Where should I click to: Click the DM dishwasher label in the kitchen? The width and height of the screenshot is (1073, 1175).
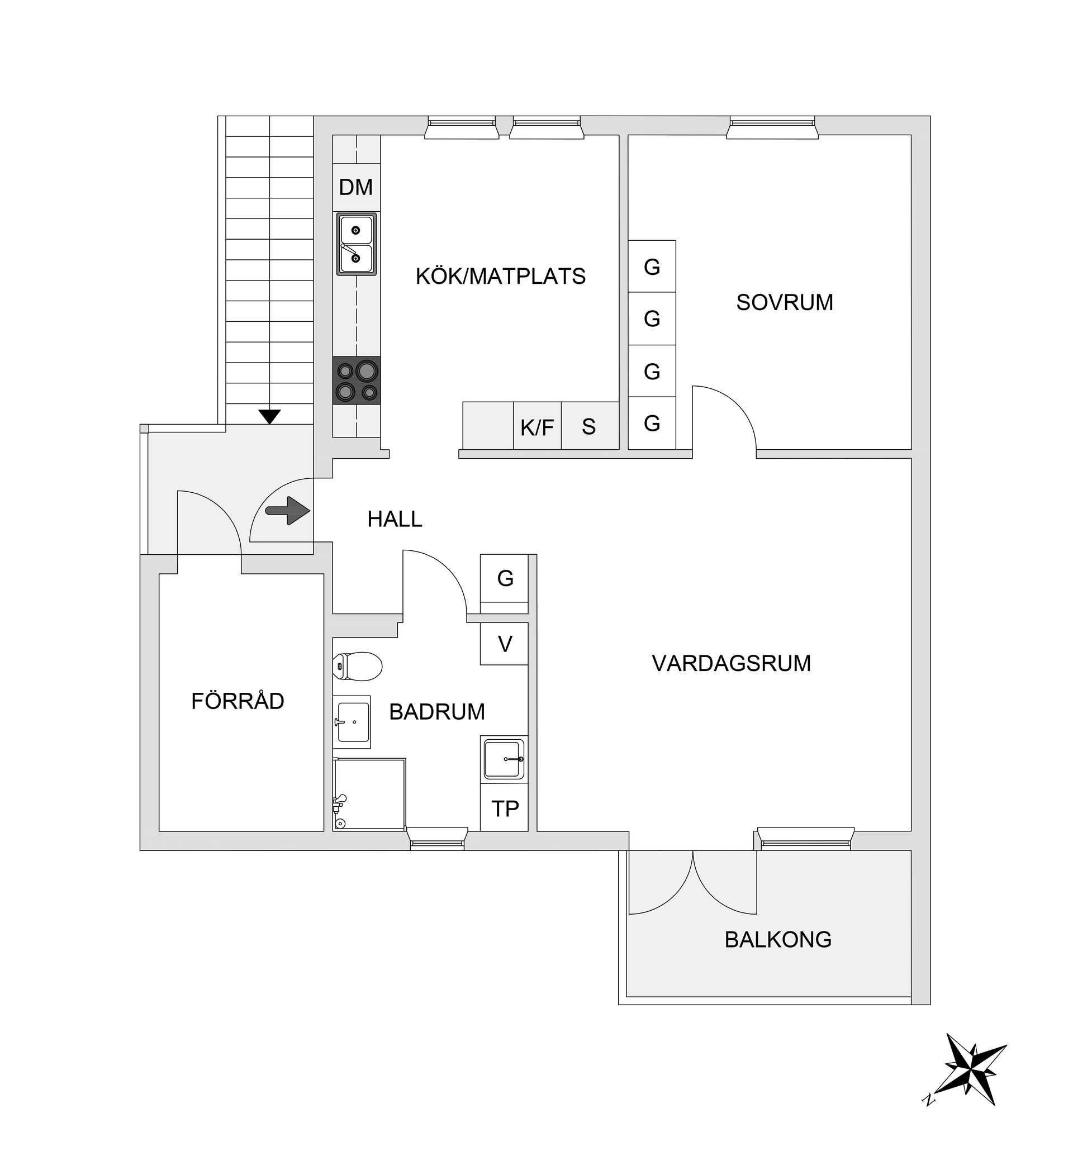click(x=355, y=188)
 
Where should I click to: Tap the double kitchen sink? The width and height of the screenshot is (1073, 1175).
click(x=356, y=244)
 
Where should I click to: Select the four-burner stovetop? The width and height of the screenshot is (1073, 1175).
click(x=356, y=380)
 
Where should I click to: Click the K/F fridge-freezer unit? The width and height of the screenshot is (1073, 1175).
click(x=537, y=427)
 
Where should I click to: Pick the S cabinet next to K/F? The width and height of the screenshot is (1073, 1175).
click(x=589, y=427)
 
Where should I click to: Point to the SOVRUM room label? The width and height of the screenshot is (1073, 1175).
click(x=785, y=302)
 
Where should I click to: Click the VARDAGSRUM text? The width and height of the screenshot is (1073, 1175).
click(x=731, y=663)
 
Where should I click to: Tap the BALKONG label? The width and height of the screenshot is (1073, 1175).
click(x=777, y=939)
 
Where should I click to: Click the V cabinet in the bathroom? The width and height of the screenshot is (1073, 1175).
click(x=505, y=644)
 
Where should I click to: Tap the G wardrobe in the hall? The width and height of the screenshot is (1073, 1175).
click(x=505, y=578)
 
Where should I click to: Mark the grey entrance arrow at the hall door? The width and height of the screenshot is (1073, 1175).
click(x=287, y=511)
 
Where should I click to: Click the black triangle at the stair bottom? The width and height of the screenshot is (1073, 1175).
click(x=269, y=416)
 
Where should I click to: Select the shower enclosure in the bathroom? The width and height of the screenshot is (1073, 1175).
click(x=369, y=795)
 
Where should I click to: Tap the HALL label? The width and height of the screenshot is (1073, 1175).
click(x=395, y=518)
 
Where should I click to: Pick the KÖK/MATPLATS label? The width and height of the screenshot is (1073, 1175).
click(x=500, y=276)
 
